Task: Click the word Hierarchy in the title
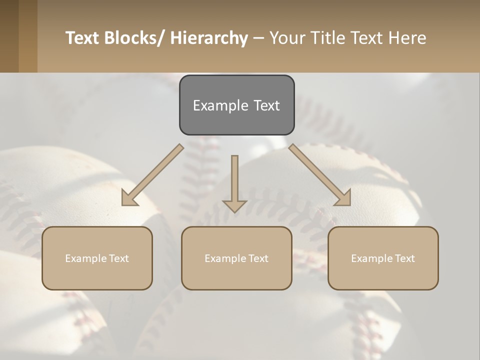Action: point(209,38)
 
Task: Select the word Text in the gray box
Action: point(266,105)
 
